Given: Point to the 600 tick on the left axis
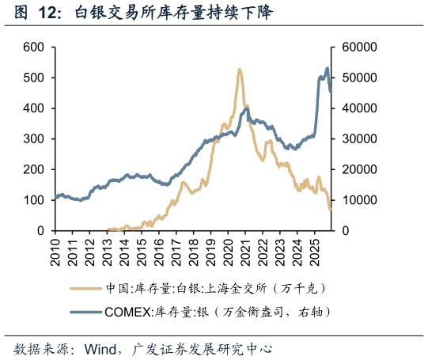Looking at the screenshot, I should click(x=32, y=47).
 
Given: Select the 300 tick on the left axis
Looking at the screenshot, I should click(x=32, y=139).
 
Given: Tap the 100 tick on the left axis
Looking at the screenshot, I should click(x=32, y=200).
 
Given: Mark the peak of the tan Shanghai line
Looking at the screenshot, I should click(x=239, y=70).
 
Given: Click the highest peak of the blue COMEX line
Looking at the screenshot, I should click(x=327, y=69).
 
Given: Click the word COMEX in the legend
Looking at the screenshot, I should click(x=129, y=312).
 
